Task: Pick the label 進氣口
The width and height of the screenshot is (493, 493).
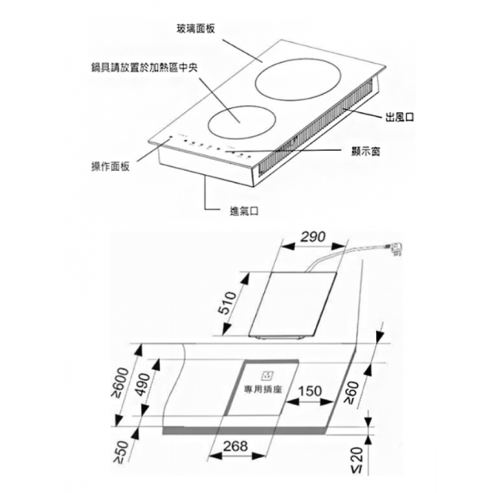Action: click(x=244, y=211)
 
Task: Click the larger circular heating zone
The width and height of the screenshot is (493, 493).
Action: click(x=297, y=83)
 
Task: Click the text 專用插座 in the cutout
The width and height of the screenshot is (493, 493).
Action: click(x=263, y=390)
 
